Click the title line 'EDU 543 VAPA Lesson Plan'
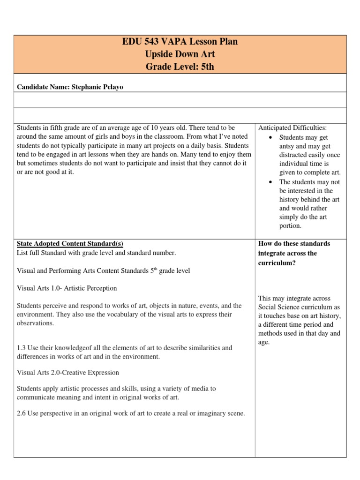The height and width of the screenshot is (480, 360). pos(180,42)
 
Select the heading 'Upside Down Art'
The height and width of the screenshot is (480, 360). pos(180,54)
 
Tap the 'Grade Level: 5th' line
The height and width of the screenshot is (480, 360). pos(180,67)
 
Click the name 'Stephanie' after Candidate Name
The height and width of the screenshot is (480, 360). pos(88,86)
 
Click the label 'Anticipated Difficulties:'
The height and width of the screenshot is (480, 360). pos(292,128)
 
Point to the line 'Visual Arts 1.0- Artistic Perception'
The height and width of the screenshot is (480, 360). pos(67,288)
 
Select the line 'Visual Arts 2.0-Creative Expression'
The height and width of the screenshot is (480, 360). pos(68,372)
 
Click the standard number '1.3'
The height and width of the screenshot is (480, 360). pos(21,348)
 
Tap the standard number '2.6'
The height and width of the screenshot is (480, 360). pos(21,413)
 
